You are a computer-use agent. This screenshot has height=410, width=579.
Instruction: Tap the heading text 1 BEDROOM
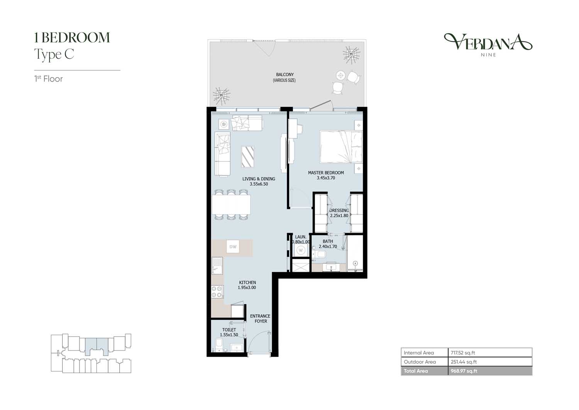(x=72, y=37)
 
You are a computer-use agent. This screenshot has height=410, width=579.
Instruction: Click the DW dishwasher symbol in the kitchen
(x=233, y=247)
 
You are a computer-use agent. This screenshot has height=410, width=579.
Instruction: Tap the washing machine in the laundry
(x=301, y=250)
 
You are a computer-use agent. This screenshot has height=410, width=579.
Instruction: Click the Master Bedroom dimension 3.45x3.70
(x=326, y=178)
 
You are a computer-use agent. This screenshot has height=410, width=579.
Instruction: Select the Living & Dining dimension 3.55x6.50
(x=259, y=184)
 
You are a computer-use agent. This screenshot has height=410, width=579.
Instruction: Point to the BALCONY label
(x=285, y=75)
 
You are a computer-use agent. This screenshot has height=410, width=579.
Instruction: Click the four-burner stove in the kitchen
(x=217, y=291)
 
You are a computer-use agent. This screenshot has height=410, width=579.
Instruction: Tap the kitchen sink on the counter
(x=217, y=266)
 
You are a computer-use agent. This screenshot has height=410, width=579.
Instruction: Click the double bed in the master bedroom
(x=341, y=147)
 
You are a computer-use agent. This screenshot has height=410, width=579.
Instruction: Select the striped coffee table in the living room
(x=247, y=157)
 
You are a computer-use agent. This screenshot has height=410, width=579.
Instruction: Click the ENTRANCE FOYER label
(x=260, y=319)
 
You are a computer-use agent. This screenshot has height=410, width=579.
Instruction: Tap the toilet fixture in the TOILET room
(x=219, y=345)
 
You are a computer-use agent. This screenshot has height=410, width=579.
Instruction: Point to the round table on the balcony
(x=341, y=76)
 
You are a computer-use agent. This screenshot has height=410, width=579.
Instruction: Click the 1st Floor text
(x=49, y=79)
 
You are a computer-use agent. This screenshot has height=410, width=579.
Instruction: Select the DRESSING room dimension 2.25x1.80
(x=339, y=215)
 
